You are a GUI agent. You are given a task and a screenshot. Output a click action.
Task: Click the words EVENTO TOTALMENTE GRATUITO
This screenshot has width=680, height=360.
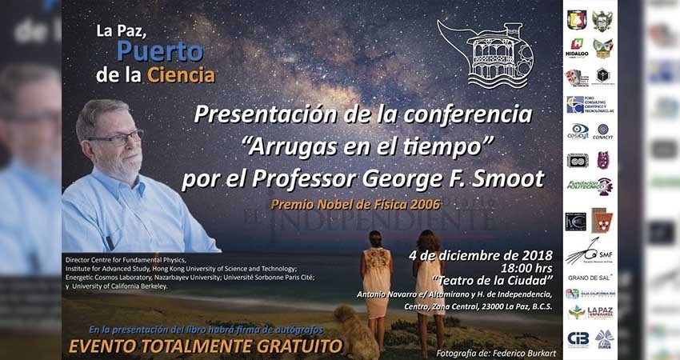[x=206, y=346]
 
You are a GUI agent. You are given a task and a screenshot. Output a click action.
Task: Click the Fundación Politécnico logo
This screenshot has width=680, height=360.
[x=590, y=186]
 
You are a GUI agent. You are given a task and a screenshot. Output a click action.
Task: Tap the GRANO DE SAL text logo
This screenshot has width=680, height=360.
[x=590, y=277]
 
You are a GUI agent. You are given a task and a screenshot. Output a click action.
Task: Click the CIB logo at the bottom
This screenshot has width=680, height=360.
[x=578, y=338]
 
